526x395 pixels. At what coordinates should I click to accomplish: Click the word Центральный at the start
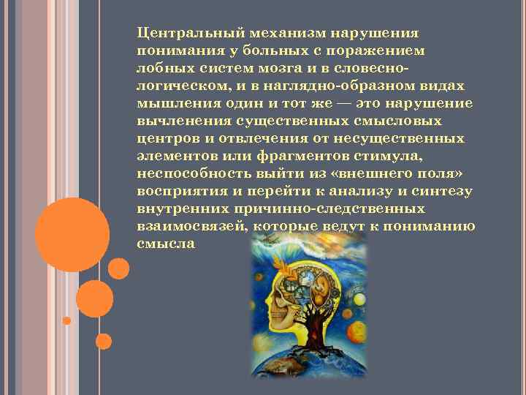click(191, 34)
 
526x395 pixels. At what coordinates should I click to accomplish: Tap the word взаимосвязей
click(190, 226)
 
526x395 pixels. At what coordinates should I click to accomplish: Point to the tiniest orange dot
click(66, 320)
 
